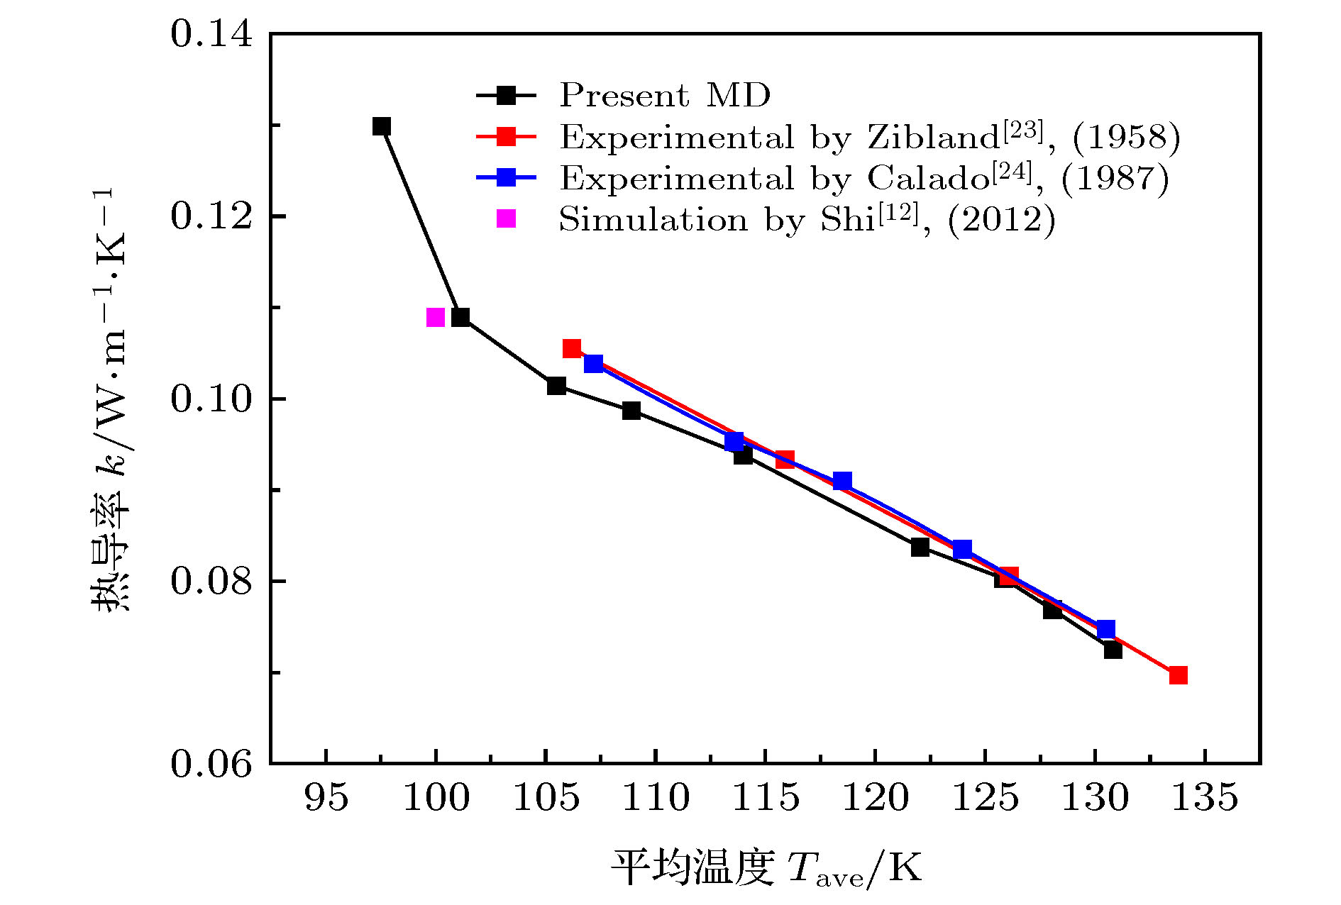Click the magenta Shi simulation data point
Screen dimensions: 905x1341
coord(436,317)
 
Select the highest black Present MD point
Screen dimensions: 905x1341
coord(382,126)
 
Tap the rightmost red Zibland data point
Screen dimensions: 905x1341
coord(1178,674)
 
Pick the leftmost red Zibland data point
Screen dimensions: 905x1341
coord(572,348)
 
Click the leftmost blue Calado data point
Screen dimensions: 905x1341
coord(594,364)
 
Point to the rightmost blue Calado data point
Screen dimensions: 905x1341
coord(1105,629)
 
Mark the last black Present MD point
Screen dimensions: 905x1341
coord(1113,650)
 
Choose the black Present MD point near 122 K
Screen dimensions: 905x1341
coord(920,547)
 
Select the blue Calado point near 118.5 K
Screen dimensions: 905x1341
coord(842,481)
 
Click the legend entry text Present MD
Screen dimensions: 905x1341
coord(665,95)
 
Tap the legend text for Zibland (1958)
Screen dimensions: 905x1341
coord(870,136)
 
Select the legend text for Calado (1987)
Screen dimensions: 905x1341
coord(864,178)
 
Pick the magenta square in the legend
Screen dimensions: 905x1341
coord(506,219)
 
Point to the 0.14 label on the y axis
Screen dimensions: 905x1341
coord(211,34)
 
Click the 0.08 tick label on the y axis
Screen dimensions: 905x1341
coord(211,581)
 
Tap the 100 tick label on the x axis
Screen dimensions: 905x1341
coord(436,798)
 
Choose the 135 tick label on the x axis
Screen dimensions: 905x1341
coord(1204,798)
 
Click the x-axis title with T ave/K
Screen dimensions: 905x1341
coord(766,867)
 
